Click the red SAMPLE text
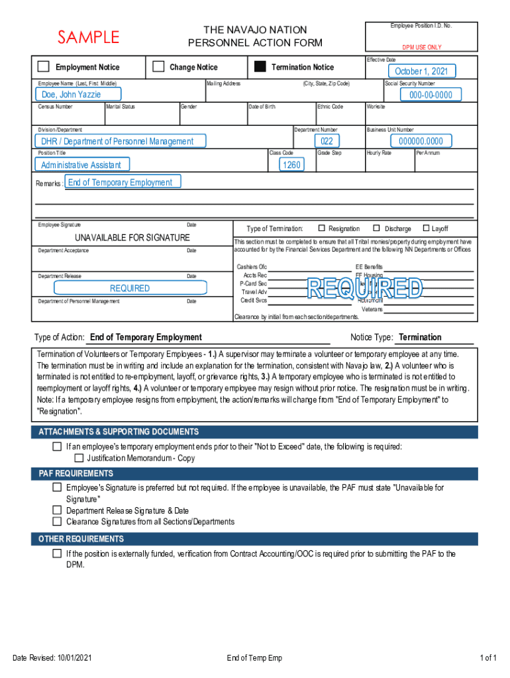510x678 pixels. (x=89, y=37)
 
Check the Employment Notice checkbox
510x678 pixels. (x=44, y=67)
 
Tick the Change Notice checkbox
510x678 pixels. (x=158, y=67)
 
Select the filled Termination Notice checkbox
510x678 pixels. (x=260, y=67)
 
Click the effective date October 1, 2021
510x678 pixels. (x=421, y=72)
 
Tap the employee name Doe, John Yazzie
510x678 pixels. (x=72, y=95)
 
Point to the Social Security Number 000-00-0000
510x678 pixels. (x=431, y=95)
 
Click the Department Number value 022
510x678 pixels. (x=327, y=141)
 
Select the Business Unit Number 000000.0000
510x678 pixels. (x=421, y=141)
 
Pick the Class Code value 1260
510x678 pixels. (x=291, y=165)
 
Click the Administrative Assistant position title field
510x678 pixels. (x=81, y=165)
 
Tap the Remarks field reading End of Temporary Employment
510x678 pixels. (x=120, y=183)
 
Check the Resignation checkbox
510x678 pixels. (x=322, y=228)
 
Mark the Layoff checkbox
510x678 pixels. (x=426, y=228)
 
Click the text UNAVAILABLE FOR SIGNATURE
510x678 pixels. (x=132, y=238)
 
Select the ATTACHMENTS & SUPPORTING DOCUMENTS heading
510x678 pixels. (x=119, y=432)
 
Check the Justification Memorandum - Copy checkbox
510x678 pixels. (x=79, y=458)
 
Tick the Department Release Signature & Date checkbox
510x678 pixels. (x=57, y=510)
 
